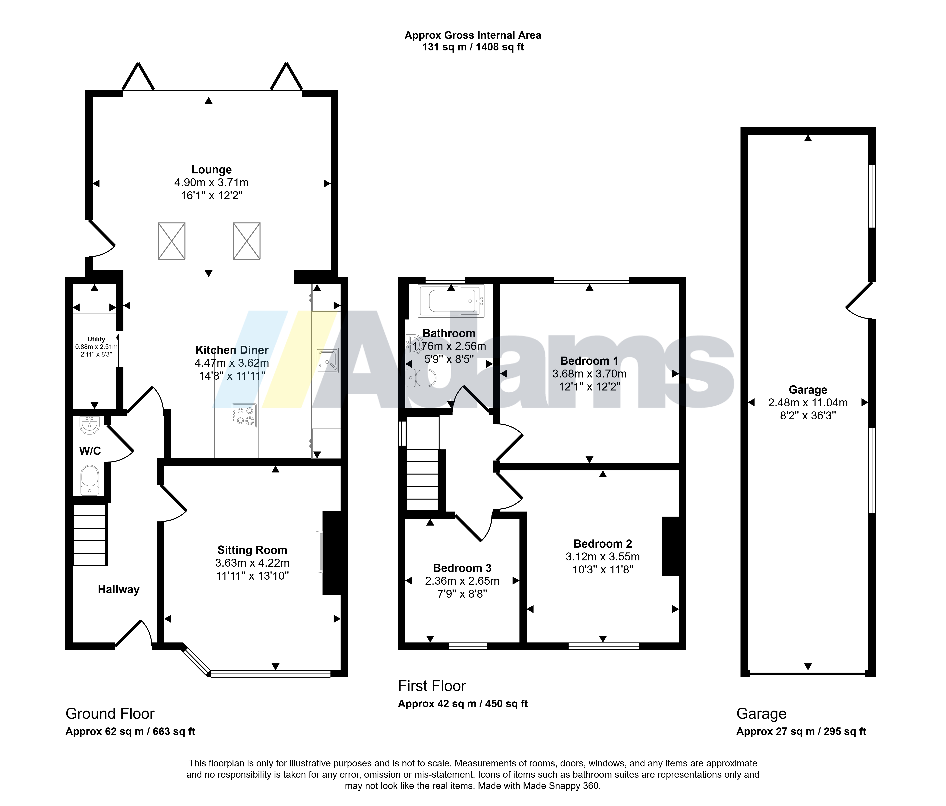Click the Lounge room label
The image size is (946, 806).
point(211,170)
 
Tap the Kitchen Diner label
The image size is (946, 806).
point(232,350)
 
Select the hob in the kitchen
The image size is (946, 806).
point(244,415)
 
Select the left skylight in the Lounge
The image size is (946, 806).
point(172,241)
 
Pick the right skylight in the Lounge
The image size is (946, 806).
point(247,241)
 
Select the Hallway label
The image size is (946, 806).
point(119,590)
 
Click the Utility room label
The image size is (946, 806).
point(96,339)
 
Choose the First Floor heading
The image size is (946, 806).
point(432,686)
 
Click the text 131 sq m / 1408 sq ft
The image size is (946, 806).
point(473,47)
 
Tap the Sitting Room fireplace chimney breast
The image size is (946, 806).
point(332,553)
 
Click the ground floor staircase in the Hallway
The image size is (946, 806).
point(90,534)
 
